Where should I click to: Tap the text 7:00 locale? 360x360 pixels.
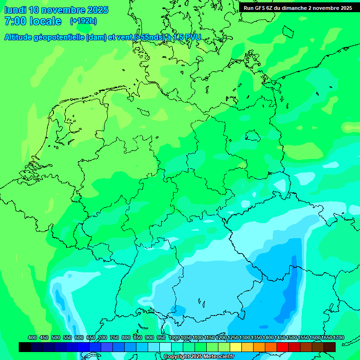[x=33, y=21]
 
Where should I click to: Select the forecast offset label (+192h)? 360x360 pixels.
[x=83, y=21]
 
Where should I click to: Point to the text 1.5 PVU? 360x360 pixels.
[x=187, y=37]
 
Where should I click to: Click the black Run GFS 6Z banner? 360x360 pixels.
[x=298, y=8]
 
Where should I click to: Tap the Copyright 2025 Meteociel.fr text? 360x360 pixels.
[x=199, y=356]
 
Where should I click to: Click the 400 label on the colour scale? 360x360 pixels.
[x=32, y=337]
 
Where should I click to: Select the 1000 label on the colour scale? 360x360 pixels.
[x=174, y=337]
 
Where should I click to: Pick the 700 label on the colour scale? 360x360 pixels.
[x=103, y=337]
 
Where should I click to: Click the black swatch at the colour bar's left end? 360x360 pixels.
[x=25, y=347]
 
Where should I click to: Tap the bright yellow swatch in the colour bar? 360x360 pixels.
[x=236, y=347]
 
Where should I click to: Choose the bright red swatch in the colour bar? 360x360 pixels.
[x=283, y=347]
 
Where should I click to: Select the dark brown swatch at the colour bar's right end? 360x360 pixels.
[x=330, y=347]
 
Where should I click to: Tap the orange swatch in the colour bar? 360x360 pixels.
[x=259, y=347]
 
